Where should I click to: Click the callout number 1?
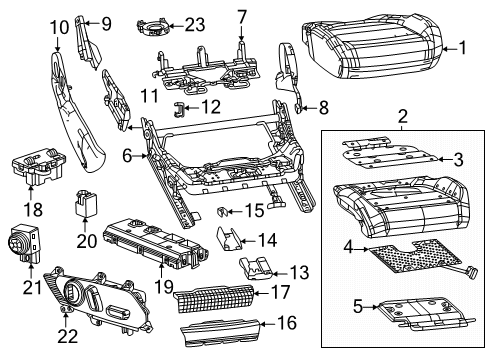pos(461,46)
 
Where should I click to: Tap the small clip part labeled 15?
pos(225,212)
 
